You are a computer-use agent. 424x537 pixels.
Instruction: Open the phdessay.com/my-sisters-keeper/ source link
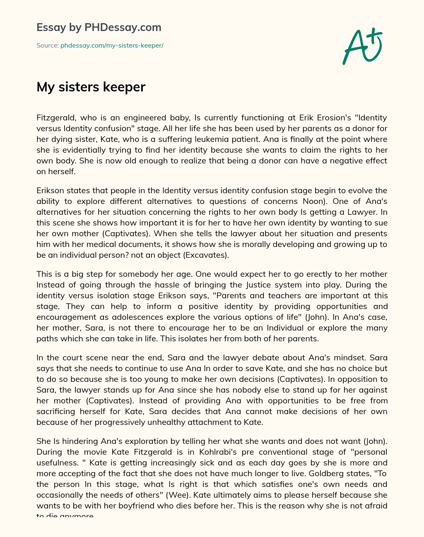(112, 46)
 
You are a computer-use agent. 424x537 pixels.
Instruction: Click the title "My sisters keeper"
(91, 87)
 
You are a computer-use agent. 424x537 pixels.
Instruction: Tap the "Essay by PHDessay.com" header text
(99, 27)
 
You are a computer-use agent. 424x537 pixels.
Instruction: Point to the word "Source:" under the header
(47, 46)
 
